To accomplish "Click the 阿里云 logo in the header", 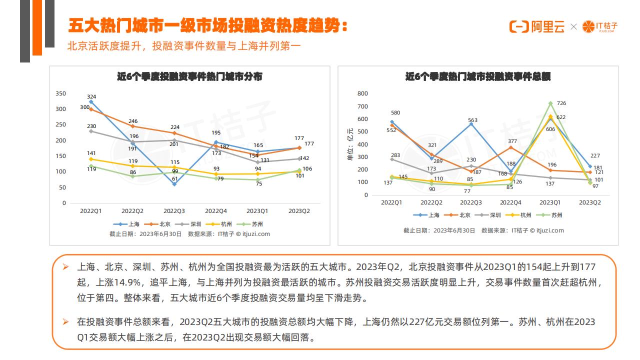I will [x=536, y=26].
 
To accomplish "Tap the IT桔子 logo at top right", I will [x=600, y=26].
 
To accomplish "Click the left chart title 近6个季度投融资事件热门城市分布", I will [x=189, y=77].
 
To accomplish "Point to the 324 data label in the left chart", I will [x=91, y=96].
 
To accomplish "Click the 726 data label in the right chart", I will [x=561, y=103].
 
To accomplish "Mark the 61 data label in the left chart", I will [x=175, y=192].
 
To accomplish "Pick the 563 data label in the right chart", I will [x=472, y=120].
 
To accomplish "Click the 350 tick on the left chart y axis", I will [x=60, y=93].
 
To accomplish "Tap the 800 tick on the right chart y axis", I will [x=363, y=93].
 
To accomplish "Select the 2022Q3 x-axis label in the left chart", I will [x=174, y=211].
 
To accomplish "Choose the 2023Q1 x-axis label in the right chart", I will [x=550, y=202].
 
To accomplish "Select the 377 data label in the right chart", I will [x=512, y=141].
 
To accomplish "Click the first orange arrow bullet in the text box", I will [x=65, y=268].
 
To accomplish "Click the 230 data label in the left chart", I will [x=91, y=126].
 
